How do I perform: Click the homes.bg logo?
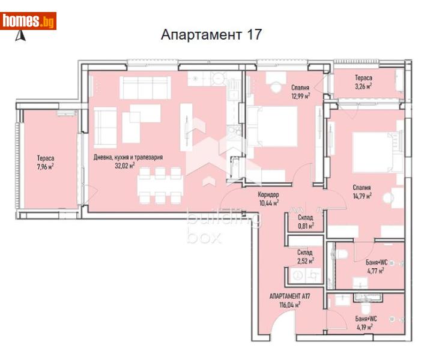point(29,22)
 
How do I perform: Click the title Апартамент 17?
point(211,34)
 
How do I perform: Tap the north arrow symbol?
point(20,36)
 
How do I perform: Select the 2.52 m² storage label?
point(305,256)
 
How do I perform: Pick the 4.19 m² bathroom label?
point(365,323)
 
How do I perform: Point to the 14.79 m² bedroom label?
point(362,191)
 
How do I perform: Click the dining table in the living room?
point(159,184)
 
